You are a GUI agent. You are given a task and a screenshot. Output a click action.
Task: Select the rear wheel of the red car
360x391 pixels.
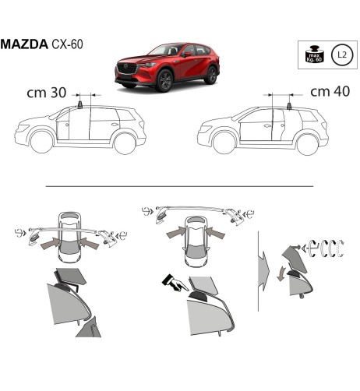(x=210, y=76)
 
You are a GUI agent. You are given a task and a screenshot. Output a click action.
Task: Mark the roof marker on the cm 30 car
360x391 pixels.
(x=79, y=104)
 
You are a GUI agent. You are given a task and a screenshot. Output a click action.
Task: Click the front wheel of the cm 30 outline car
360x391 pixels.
(x=42, y=143)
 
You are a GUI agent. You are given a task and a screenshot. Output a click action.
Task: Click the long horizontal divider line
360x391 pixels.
(x=179, y=186)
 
